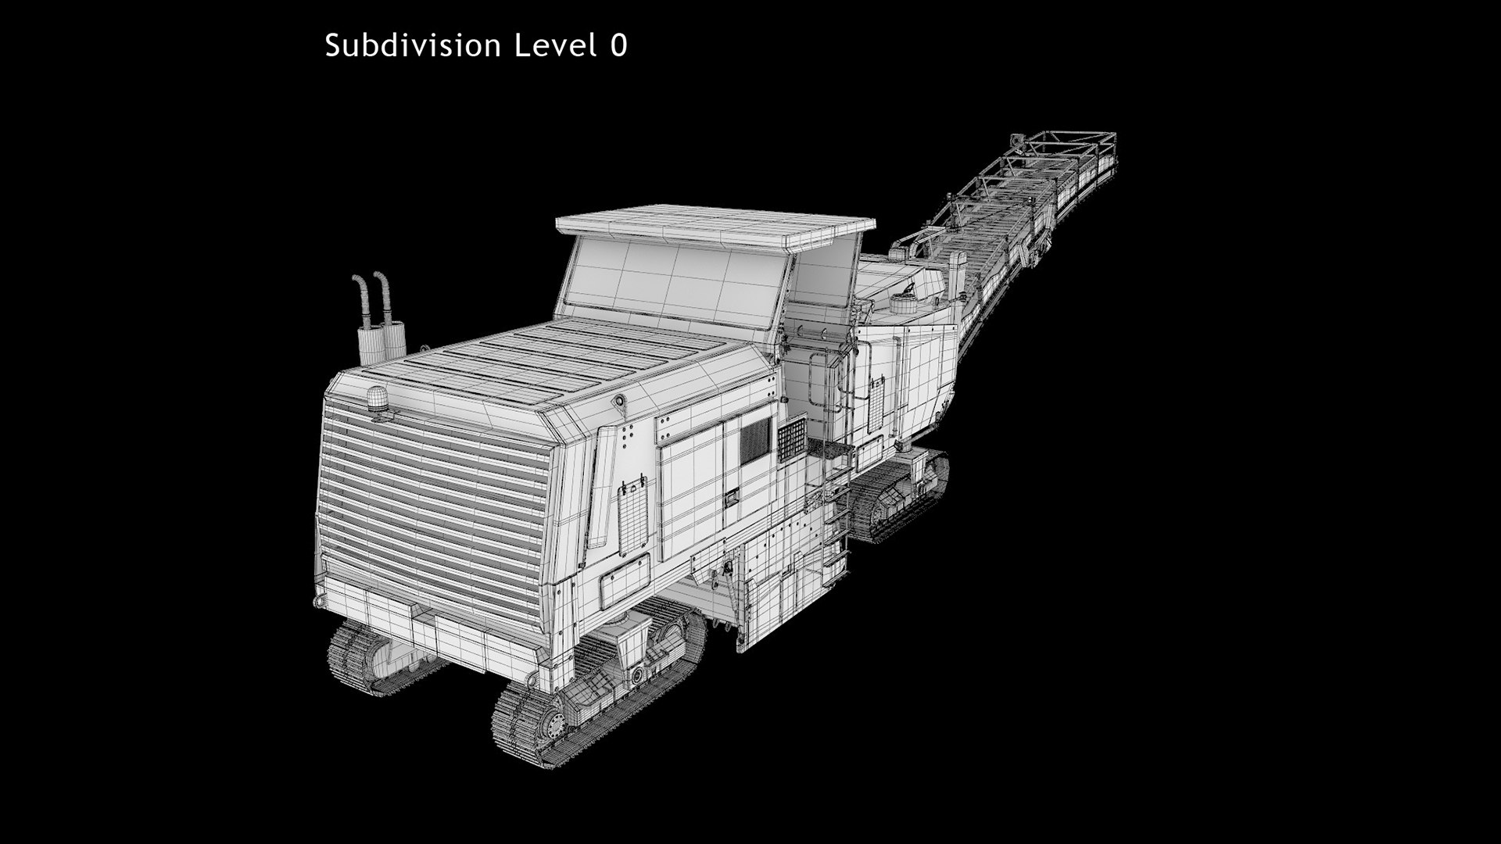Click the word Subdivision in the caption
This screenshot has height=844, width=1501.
pos(413,45)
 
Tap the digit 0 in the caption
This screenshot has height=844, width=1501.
pos(619,46)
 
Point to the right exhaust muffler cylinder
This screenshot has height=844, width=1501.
pos(393,339)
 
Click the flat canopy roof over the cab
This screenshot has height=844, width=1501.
pos(715,224)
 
